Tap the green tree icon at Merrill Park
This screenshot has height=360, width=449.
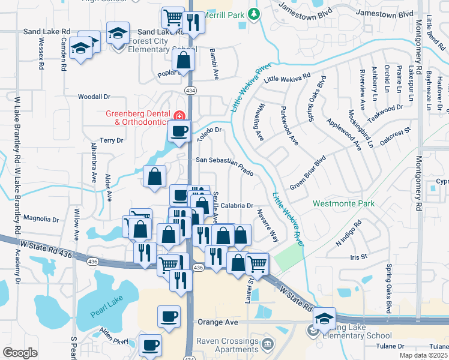point(255,13)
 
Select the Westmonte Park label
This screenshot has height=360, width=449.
point(343,204)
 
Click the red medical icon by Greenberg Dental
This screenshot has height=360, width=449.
point(178,115)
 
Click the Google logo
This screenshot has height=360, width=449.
point(20,353)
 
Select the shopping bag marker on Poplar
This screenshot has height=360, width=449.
point(183,60)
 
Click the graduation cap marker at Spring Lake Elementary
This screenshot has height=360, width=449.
point(324,319)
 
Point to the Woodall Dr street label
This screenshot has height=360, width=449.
point(94,96)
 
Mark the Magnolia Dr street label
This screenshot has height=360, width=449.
point(41,220)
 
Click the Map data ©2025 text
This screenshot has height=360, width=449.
point(422,355)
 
